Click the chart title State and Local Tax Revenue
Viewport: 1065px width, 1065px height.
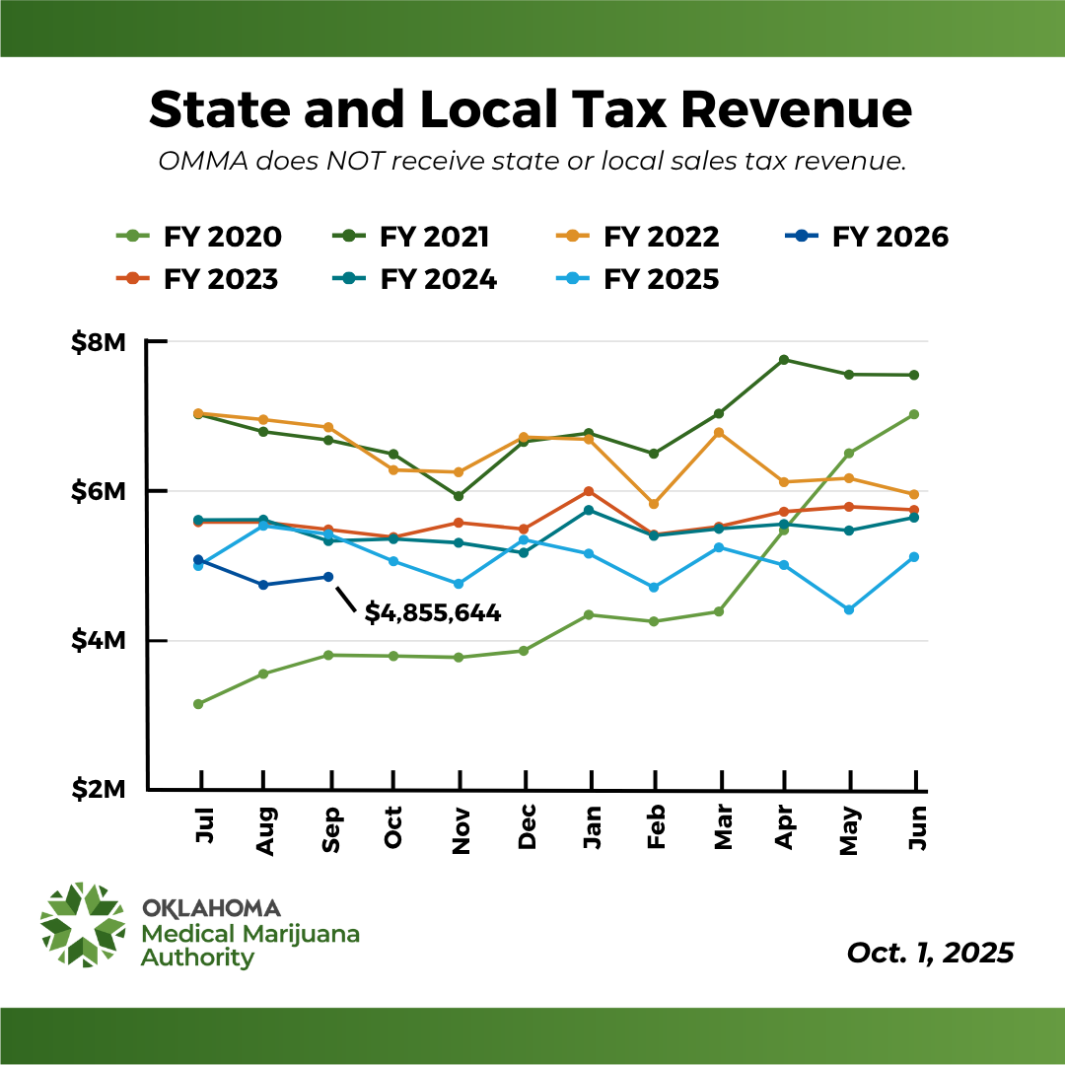(531, 109)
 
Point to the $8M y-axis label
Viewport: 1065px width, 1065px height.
(98, 343)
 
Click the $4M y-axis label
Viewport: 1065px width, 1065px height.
(98, 641)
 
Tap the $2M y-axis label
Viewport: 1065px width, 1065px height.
(98, 790)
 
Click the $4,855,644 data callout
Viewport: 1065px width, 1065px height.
(433, 613)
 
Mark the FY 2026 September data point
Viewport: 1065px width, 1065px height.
(328, 577)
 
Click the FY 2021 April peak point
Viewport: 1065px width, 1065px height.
(783, 360)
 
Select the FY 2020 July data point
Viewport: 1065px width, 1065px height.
(198, 704)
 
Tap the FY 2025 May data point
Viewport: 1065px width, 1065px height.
(848, 609)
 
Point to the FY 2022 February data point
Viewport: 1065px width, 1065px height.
(654, 504)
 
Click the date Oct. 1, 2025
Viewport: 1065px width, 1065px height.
(930, 954)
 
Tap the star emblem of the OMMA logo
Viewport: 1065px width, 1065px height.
(83, 925)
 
